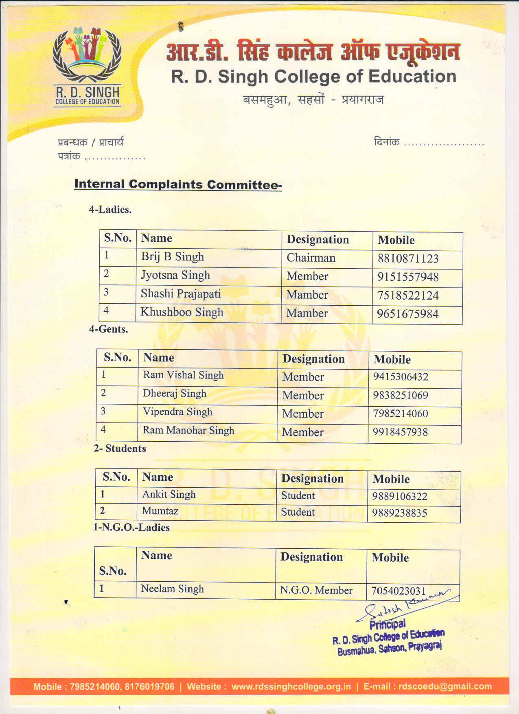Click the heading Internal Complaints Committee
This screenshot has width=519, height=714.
pyautogui.click(x=178, y=184)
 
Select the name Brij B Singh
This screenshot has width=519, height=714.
pyautogui.click(x=172, y=257)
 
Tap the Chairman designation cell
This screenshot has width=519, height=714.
pyautogui.click(x=311, y=258)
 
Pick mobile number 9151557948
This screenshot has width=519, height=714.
pyautogui.click(x=407, y=277)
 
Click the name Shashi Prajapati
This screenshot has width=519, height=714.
pyautogui.click(x=180, y=293)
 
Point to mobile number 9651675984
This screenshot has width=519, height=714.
pyautogui.click(x=407, y=314)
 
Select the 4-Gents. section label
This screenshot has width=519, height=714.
pyautogui.click(x=108, y=329)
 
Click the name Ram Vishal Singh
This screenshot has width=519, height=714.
pyautogui.click(x=183, y=375)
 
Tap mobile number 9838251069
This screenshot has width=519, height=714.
pyautogui.click(x=401, y=395)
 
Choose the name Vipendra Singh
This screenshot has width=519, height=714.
pyautogui.click(x=177, y=412)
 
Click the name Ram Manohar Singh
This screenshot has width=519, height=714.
pyautogui.click(x=188, y=430)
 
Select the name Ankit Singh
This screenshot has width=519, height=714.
pyautogui.click(x=169, y=494)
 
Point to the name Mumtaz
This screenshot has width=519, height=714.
pyautogui.click(x=160, y=510)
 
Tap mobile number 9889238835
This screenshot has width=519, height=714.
pyautogui.click(x=399, y=513)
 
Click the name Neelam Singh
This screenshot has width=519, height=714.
pyautogui.click(x=172, y=589)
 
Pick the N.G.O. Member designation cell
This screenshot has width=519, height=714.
pyautogui.click(x=316, y=590)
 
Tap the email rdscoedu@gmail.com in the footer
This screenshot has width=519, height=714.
pyautogui.click(x=445, y=686)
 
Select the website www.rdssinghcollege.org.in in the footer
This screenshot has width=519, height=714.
pyautogui.click(x=291, y=686)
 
